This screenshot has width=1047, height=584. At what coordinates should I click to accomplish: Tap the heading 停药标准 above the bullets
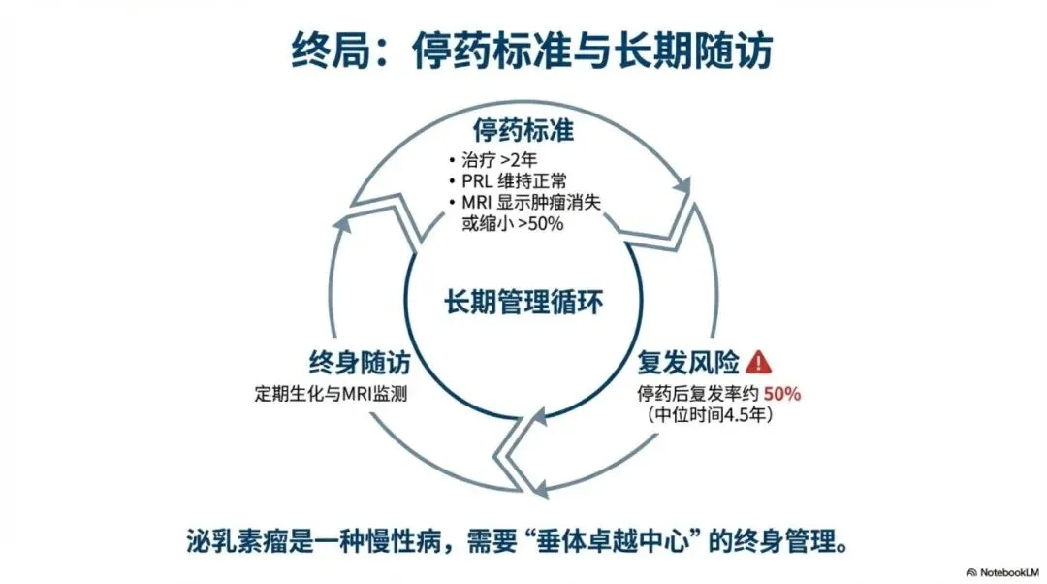(523, 130)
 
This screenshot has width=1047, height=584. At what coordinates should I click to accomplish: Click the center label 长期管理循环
(523, 302)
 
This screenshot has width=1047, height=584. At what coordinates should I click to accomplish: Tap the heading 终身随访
(360, 364)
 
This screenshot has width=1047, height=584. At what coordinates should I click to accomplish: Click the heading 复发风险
(689, 364)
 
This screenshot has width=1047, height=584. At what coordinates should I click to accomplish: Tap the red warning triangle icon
(760, 363)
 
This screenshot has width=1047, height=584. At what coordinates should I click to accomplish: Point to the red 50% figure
(782, 394)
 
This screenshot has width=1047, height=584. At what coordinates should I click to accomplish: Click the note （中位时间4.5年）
(709, 414)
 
